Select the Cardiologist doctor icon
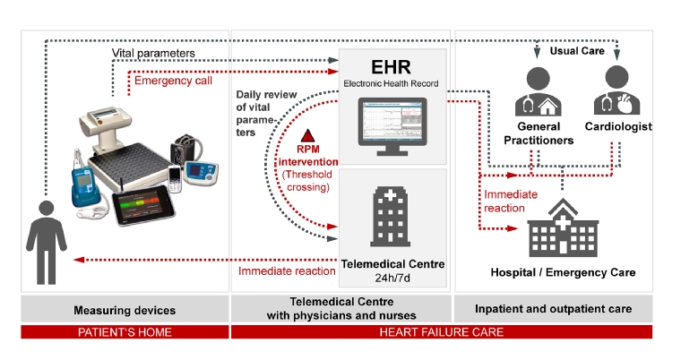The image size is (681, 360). pos(617,90)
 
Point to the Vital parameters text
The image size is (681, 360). pos(153,54)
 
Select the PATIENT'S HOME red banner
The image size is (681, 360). pos(125,332)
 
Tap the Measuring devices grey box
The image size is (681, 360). pos(125,309)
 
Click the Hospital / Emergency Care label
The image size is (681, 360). pos(563,271)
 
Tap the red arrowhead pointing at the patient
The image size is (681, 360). pos(78,260)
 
